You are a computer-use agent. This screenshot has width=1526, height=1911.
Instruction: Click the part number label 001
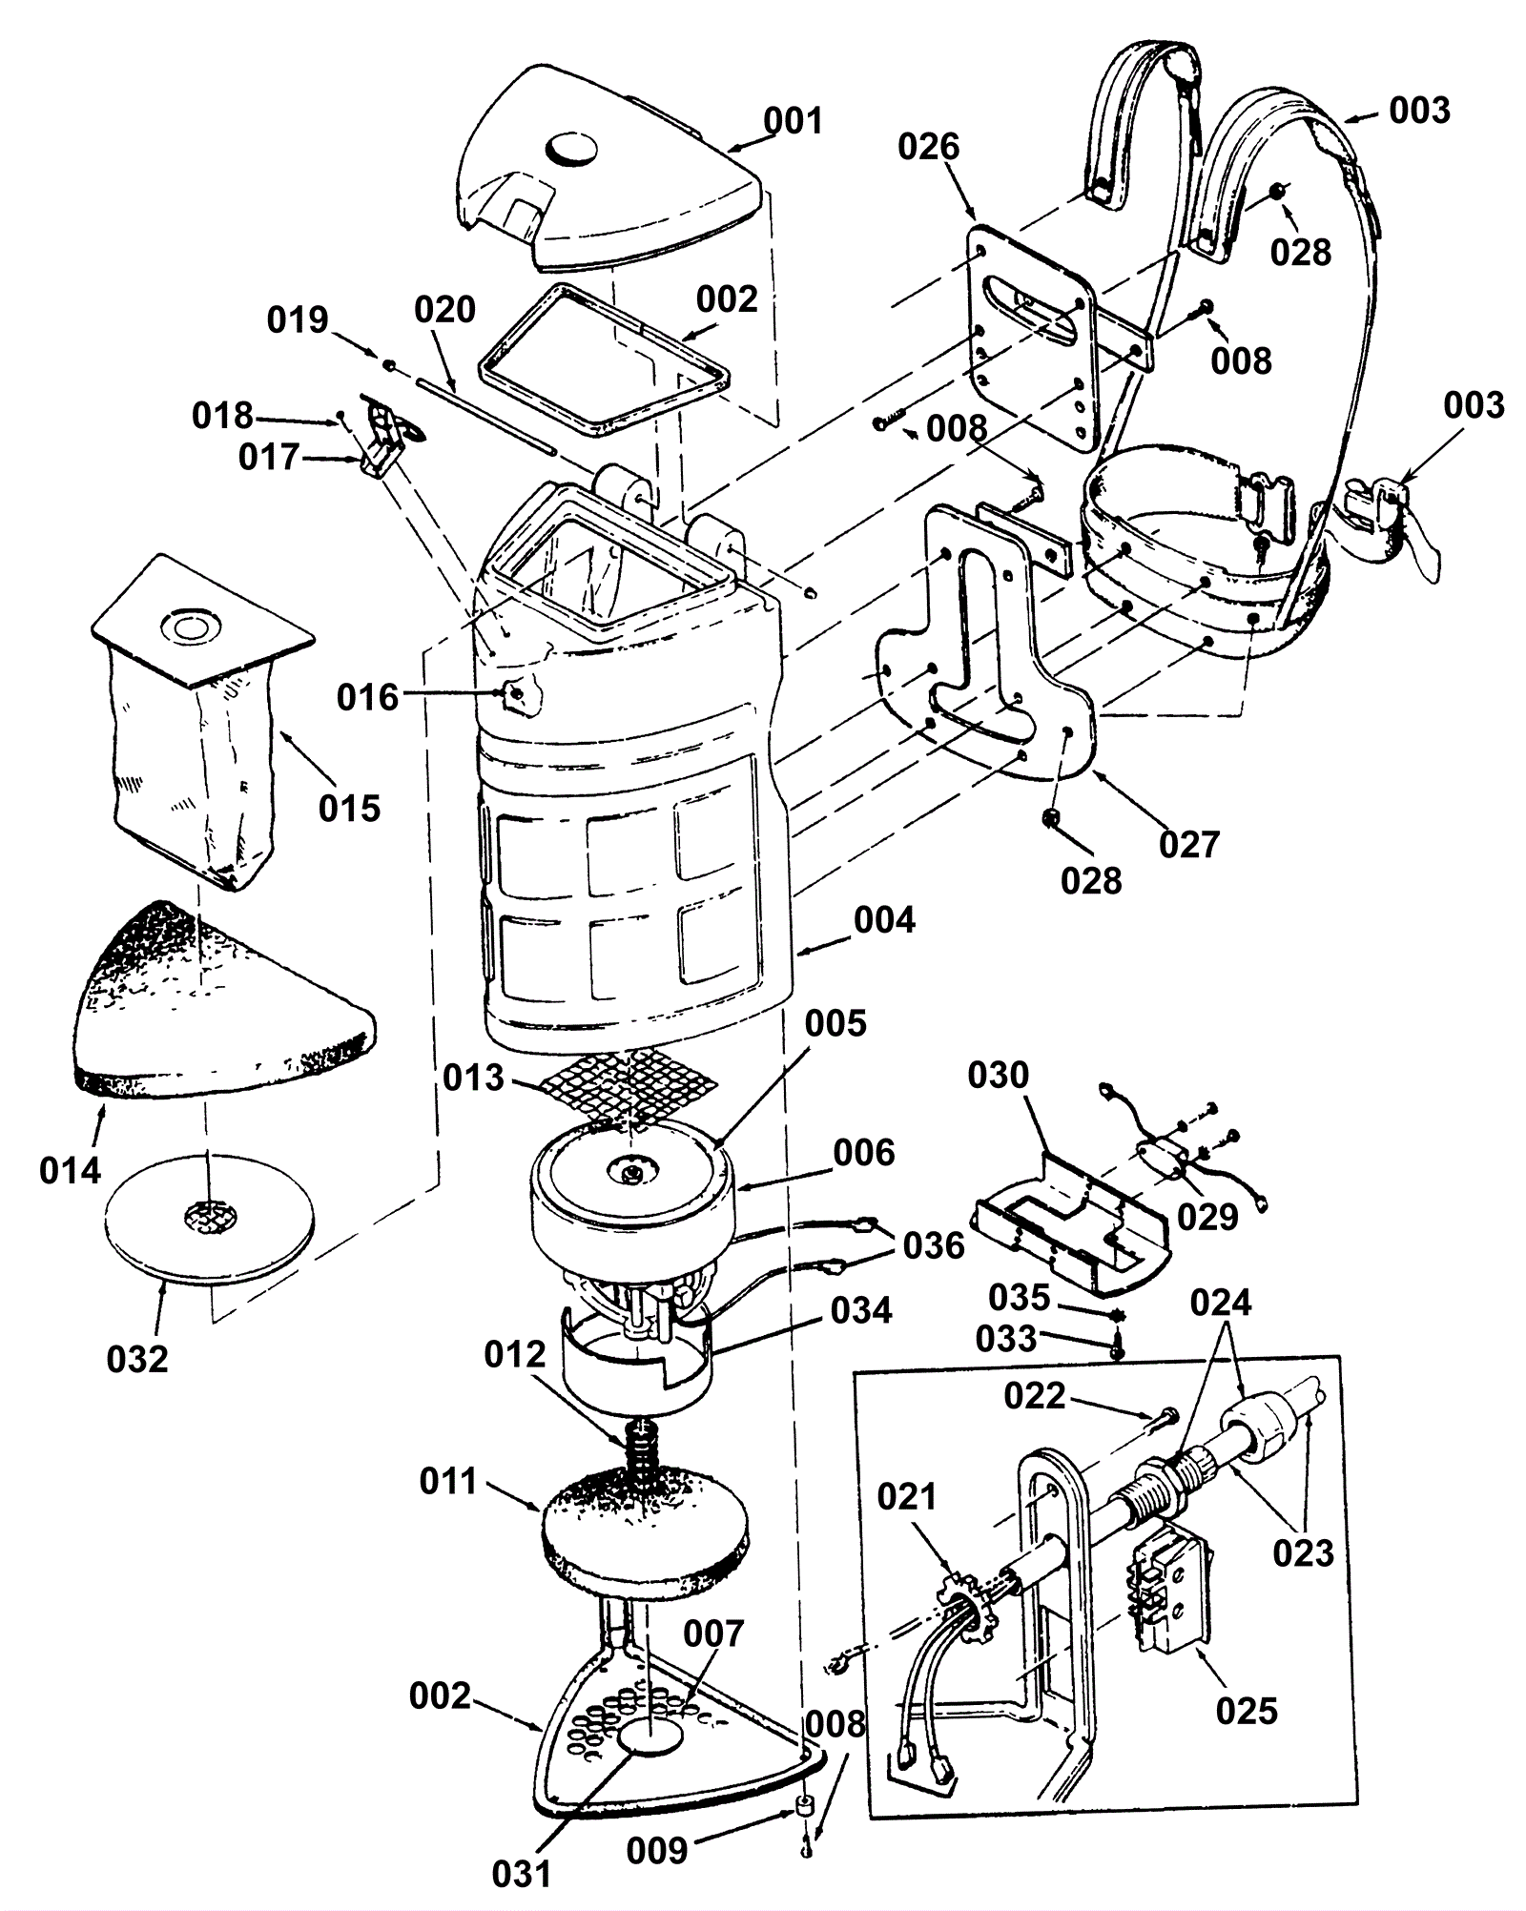pyautogui.click(x=793, y=121)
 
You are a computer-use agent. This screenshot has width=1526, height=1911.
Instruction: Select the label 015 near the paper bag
pyautogui.click(x=350, y=808)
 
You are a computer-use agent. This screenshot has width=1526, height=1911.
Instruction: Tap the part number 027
pyautogui.click(x=1189, y=844)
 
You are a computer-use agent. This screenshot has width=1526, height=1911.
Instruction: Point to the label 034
pyautogui.click(x=861, y=1310)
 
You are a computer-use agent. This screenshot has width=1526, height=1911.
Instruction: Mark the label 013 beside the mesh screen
pyautogui.click(x=473, y=1078)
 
